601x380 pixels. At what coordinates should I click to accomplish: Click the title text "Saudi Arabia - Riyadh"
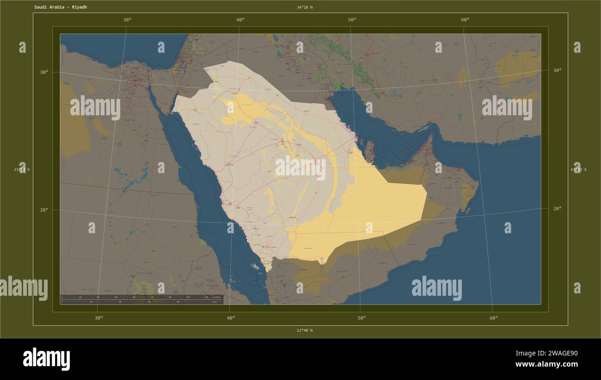tap(60, 7)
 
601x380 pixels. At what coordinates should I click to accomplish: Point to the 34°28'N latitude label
tap(305, 7)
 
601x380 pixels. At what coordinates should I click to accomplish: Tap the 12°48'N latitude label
tap(305, 330)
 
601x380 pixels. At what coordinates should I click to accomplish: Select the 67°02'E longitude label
tap(578, 170)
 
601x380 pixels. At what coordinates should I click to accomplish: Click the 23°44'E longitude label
tap(22, 170)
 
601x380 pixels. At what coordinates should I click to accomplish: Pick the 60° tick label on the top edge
tap(465, 19)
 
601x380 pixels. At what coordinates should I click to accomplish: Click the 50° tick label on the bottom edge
tap(362, 318)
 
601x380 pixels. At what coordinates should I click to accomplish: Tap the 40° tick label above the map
tap(240, 19)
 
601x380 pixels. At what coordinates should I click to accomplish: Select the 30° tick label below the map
tap(98, 318)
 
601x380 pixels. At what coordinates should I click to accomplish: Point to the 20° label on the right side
tap(557, 208)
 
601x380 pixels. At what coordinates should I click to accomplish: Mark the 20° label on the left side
tap(44, 210)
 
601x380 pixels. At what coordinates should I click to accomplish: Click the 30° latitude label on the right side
tap(557, 70)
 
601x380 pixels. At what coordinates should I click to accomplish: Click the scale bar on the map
tap(141, 299)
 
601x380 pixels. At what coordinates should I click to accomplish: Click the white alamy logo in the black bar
tap(46, 359)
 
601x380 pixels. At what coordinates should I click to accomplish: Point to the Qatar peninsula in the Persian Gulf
tap(369, 150)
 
